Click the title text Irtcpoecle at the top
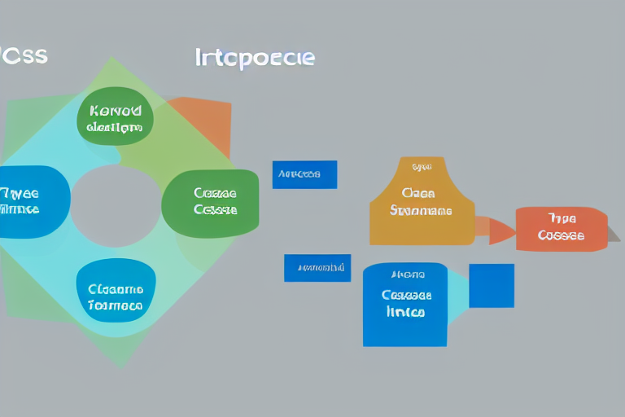pos(255,58)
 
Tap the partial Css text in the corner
pos(24,56)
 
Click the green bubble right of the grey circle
pos(211,202)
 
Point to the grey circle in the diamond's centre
pos(116,206)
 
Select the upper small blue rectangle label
pos(304,174)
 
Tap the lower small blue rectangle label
pos(317,268)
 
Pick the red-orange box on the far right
pos(561,228)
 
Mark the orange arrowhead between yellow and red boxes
pos(498,230)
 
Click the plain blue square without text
pos(492,286)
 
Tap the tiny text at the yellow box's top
pos(422,167)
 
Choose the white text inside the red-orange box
pos(562,227)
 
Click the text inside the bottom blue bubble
pos(116,298)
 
